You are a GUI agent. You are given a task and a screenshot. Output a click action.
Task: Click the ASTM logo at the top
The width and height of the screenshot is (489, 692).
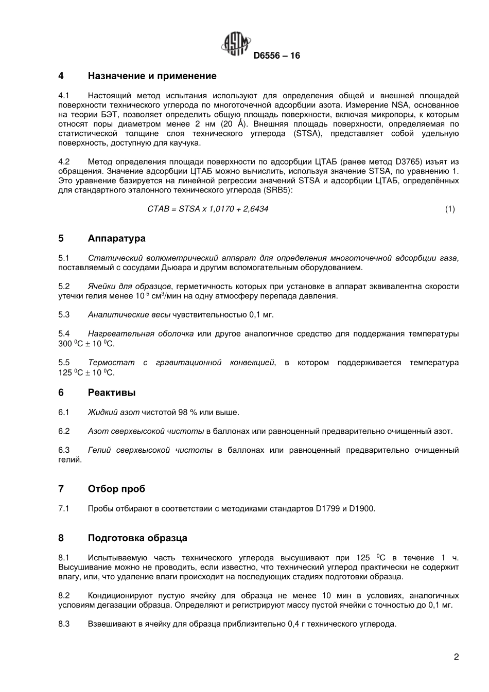[236, 45]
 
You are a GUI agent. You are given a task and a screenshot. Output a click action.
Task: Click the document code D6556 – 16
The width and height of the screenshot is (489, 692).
[276, 56]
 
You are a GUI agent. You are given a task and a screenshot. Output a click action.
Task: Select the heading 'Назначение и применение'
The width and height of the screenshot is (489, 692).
[152, 76]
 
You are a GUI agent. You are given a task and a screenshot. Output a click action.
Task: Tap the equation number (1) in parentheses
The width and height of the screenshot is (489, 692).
[450, 209]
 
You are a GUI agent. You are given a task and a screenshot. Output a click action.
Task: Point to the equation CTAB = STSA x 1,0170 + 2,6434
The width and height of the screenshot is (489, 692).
[207, 209]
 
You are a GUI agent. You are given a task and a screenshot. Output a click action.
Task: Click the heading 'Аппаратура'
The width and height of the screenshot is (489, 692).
[116, 238]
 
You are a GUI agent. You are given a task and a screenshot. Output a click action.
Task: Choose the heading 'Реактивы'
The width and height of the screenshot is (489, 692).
[112, 393]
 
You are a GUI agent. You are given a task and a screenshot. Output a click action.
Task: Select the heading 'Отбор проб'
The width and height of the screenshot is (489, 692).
[116, 489]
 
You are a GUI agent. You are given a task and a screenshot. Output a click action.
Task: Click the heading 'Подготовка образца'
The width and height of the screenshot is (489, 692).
[137, 538]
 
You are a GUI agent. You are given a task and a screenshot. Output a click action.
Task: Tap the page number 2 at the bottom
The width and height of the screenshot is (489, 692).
[456, 656]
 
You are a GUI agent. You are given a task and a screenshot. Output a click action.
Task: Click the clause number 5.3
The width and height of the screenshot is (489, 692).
[64, 314]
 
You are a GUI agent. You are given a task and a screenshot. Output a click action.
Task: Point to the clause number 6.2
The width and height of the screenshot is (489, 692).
[64, 431]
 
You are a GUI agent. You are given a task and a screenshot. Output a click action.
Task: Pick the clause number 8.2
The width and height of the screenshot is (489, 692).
[64, 595]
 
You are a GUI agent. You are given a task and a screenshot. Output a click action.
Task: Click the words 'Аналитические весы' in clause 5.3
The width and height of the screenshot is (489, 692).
[129, 314]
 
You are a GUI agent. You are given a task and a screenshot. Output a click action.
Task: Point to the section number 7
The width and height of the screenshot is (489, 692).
[61, 489]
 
